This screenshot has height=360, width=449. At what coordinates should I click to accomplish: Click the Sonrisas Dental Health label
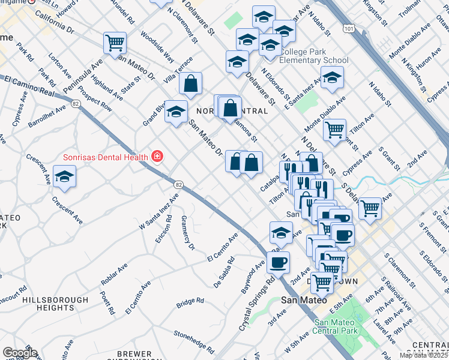click(105, 157)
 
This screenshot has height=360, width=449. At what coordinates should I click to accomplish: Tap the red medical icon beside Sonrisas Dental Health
click(157, 157)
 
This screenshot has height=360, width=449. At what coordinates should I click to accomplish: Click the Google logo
click(20, 353)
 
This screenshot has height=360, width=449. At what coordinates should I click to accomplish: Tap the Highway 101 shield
click(349, 28)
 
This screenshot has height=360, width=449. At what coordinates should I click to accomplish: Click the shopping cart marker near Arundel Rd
click(115, 43)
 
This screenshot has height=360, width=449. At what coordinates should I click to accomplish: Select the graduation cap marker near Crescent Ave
click(64, 176)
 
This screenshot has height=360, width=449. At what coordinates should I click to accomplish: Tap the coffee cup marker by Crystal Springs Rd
click(278, 262)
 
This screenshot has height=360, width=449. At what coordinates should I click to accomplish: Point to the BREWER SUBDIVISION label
click(134, 355)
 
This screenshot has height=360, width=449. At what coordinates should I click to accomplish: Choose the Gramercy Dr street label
click(188, 233)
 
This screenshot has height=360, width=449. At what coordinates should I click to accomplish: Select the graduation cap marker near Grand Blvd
click(176, 111)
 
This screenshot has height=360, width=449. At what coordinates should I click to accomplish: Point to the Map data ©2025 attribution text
click(424, 355)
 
